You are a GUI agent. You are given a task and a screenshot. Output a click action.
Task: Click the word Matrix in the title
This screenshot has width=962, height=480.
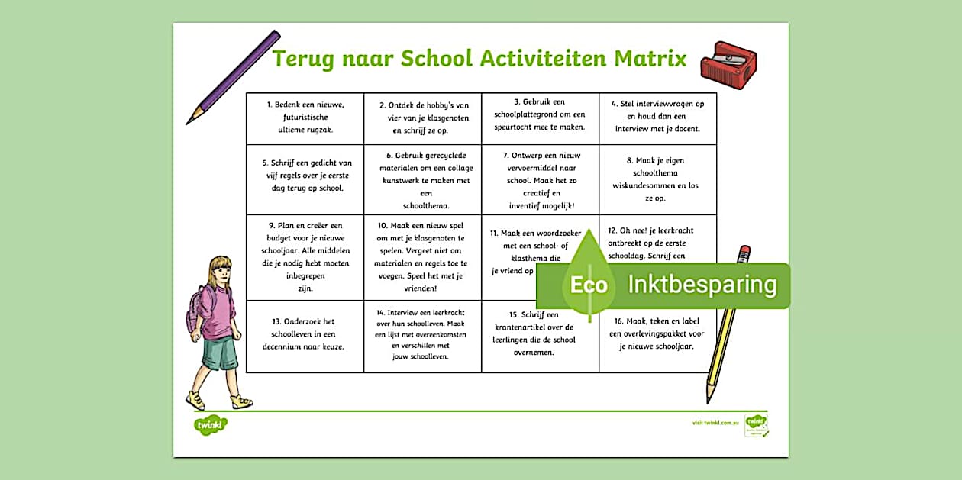[646, 59]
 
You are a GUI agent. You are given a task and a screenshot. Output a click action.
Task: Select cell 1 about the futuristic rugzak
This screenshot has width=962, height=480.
[305, 117]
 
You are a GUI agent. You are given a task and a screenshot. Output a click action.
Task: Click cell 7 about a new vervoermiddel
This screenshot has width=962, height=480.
[540, 180]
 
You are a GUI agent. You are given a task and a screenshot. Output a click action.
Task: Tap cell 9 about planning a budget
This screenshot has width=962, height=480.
[305, 257]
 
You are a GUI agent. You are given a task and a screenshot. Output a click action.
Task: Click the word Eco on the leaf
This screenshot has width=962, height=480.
[589, 285]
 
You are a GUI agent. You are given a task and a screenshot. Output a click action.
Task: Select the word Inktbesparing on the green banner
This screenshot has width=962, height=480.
[702, 285]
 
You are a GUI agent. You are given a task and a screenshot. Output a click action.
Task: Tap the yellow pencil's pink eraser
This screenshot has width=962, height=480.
[744, 252]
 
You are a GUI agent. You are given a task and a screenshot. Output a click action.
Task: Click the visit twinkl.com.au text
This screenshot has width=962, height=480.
[715, 422]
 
